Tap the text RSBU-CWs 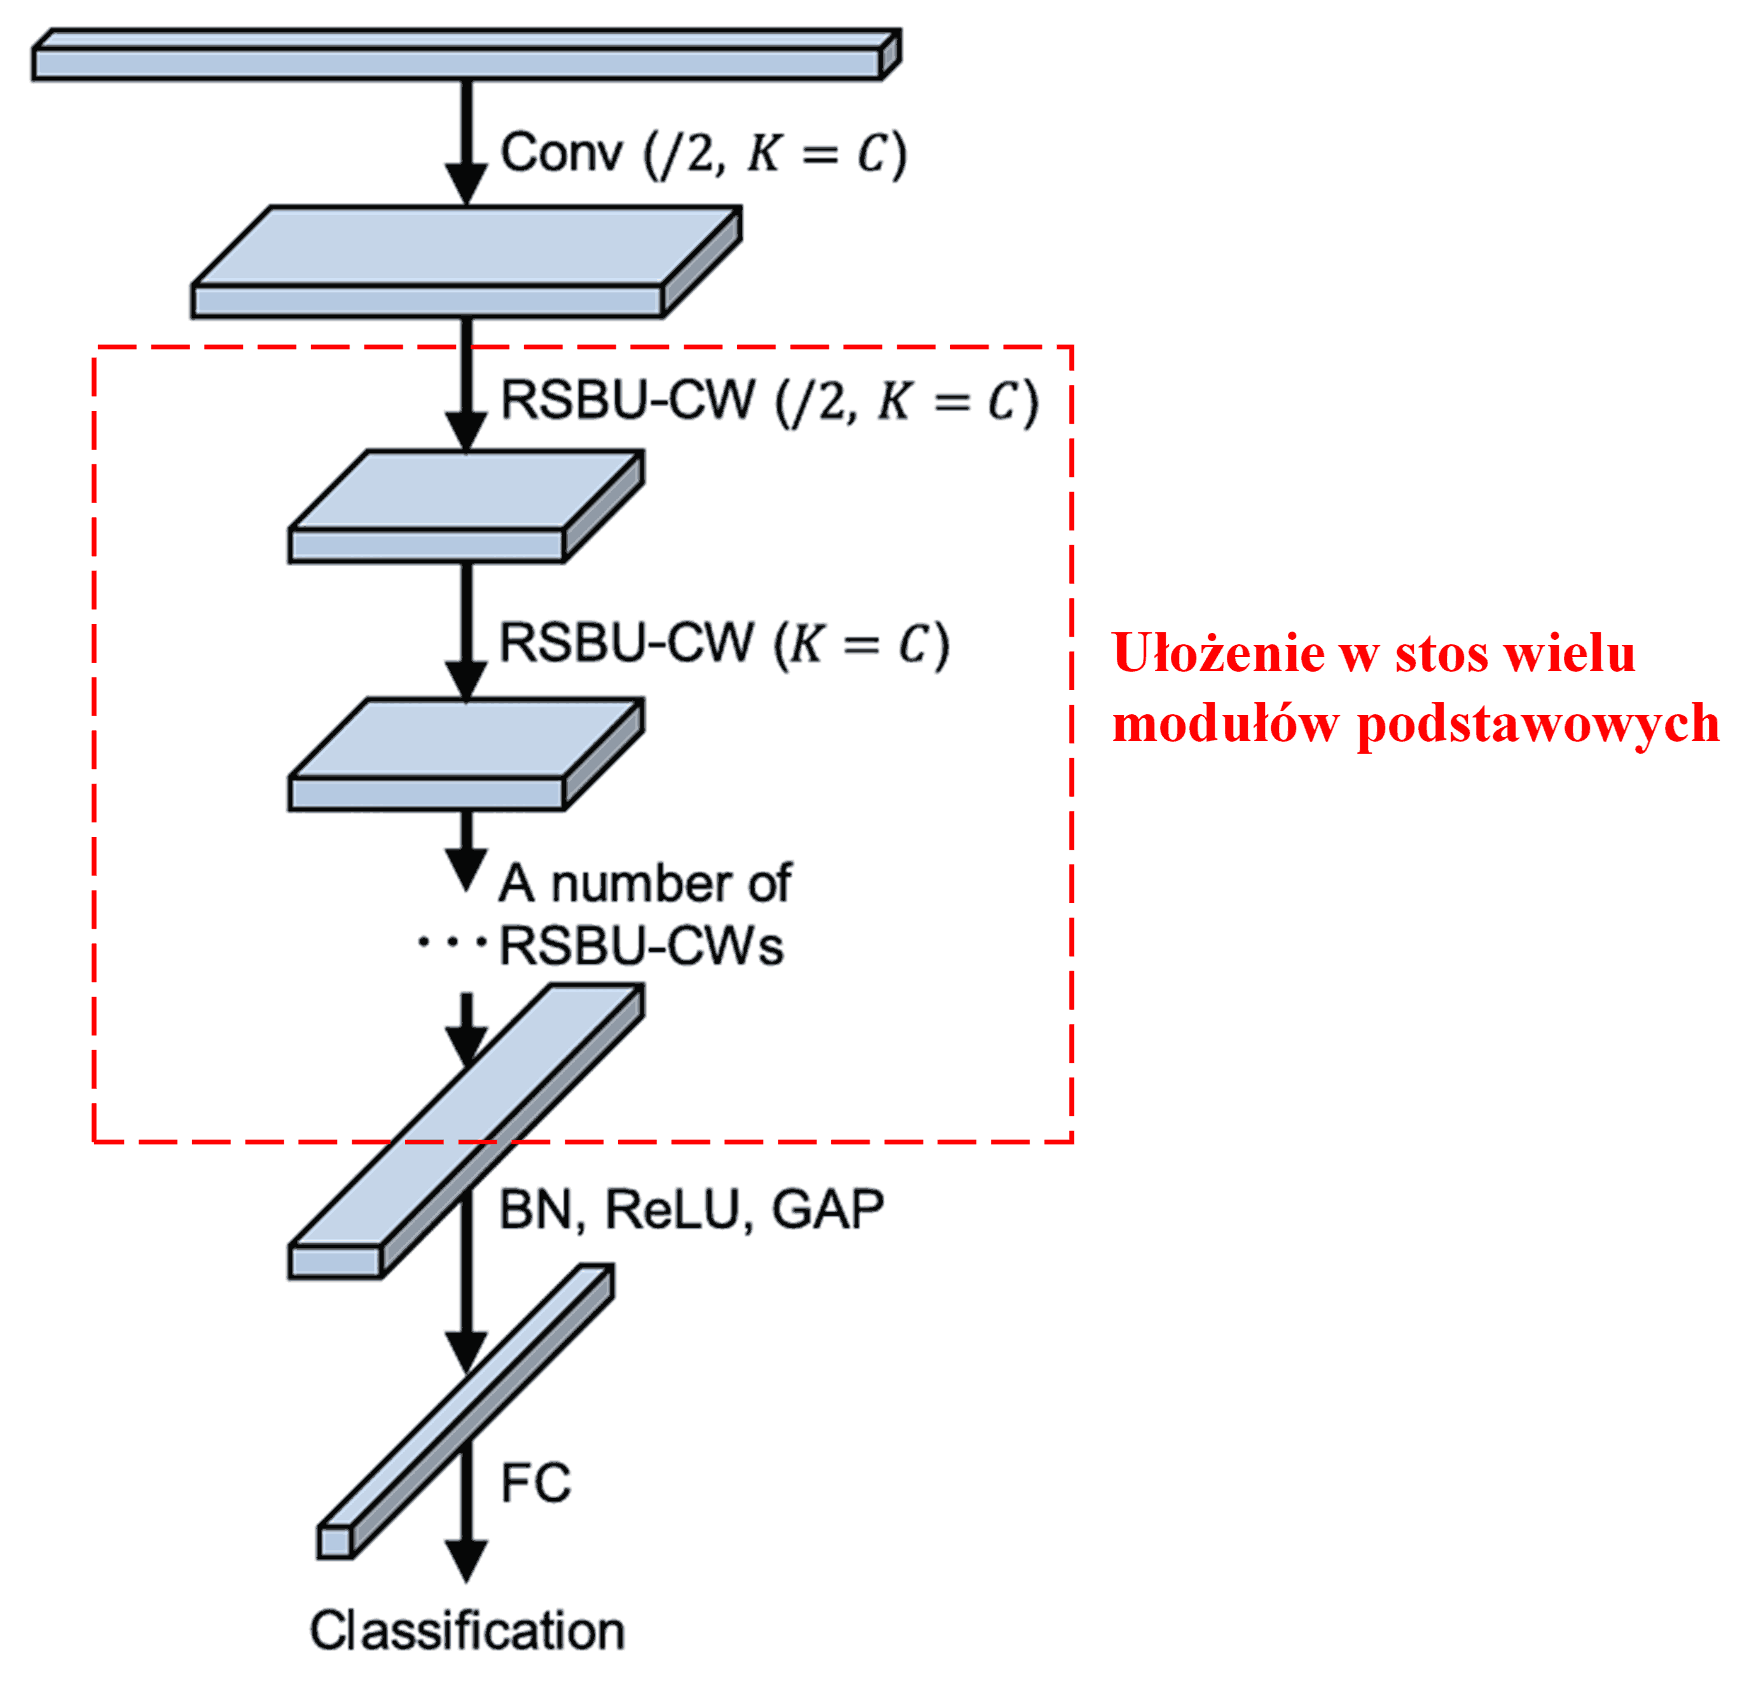(640, 946)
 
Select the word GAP (827, 1210)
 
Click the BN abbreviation (535, 1210)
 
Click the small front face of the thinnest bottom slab (334, 1542)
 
